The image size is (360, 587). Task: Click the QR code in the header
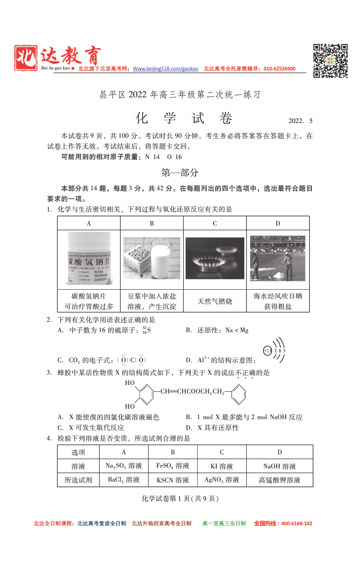click(x=330, y=61)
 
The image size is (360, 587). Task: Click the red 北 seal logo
click(x=26, y=58)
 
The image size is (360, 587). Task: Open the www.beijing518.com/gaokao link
click(x=165, y=69)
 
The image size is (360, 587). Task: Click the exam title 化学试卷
click(x=184, y=118)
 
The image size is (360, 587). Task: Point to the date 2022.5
click(x=300, y=121)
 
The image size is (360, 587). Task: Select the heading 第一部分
click(x=180, y=173)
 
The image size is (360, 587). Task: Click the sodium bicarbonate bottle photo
click(x=89, y=258)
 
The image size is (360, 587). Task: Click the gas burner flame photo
click(x=215, y=258)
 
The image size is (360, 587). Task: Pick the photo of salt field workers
click(x=277, y=258)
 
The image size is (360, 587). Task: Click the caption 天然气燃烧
click(x=215, y=301)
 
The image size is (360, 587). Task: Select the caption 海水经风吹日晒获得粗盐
click(x=278, y=301)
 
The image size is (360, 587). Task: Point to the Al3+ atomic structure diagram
click(x=275, y=350)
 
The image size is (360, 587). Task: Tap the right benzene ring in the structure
click(x=239, y=395)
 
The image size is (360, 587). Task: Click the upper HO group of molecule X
click(x=130, y=383)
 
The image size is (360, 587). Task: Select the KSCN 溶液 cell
click(x=173, y=480)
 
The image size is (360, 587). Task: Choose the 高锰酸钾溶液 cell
click(x=279, y=480)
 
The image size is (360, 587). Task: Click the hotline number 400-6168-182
click(x=297, y=523)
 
